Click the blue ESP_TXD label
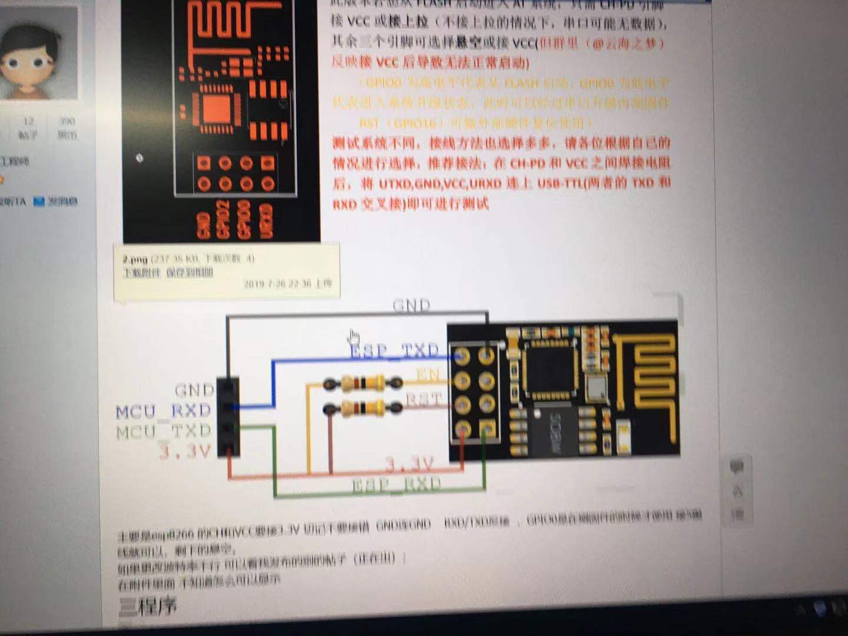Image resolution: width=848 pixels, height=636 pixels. (394, 351)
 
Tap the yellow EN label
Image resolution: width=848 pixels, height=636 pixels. (428, 375)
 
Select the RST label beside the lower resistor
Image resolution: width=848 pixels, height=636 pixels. (423, 400)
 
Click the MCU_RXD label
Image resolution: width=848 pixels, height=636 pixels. (163, 411)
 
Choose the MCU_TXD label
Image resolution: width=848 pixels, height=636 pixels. (163, 432)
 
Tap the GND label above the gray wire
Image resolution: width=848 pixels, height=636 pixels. (411, 305)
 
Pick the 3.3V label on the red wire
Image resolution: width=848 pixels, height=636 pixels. (409, 465)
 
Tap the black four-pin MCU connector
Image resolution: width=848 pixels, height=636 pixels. (228, 417)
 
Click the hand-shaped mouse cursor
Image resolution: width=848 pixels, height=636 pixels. (353, 337)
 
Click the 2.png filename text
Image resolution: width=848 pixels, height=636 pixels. (135, 259)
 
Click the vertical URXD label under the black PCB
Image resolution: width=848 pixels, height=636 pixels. (266, 221)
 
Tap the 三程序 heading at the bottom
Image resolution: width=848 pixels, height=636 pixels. (148, 605)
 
